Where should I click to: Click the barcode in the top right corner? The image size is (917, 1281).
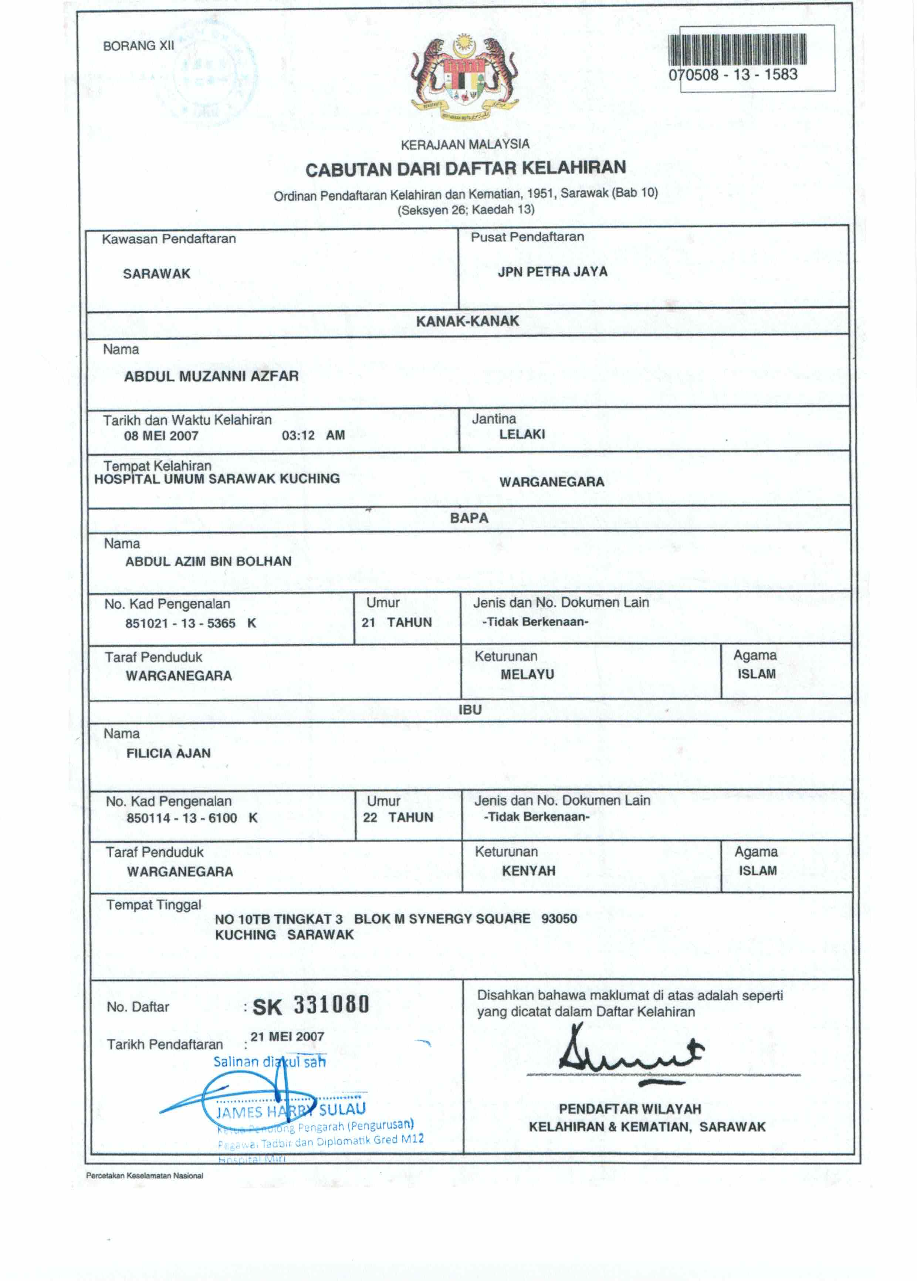(737, 50)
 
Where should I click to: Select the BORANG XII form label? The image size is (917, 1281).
(138, 46)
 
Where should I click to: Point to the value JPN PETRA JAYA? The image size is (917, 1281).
(552, 272)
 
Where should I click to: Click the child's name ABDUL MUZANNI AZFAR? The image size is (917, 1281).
(211, 376)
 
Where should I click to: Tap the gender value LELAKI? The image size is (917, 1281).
(522, 434)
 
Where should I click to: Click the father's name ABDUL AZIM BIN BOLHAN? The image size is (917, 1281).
(208, 562)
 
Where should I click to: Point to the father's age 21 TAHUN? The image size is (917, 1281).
(396, 623)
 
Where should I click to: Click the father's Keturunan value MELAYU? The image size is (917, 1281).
(527, 674)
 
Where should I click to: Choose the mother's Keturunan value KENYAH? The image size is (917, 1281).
(528, 871)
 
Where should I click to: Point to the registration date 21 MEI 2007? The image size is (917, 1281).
(287, 1036)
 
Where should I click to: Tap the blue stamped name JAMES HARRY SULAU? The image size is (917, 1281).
(291, 1110)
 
